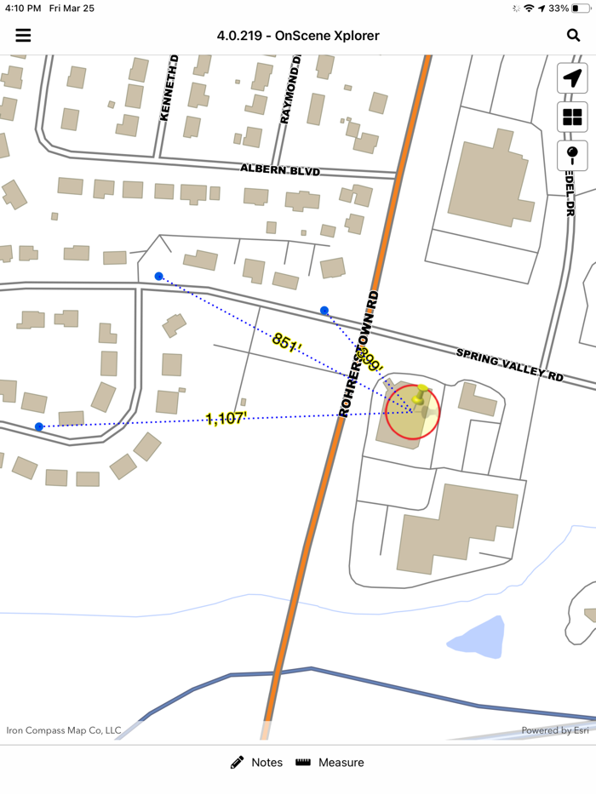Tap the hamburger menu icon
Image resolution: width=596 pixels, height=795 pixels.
pyautogui.click(x=23, y=35)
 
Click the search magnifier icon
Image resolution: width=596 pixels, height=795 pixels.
pyautogui.click(x=573, y=35)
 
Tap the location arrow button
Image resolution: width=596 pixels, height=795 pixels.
pyautogui.click(x=572, y=78)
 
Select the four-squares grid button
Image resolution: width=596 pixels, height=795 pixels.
pyautogui.click(x=572, y=117)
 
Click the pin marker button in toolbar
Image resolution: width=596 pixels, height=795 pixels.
pyautogui.click(x=572, y=155)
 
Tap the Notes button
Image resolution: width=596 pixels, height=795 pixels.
pyautogui.click(x=256, y=763)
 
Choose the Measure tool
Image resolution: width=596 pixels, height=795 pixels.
pyautogui.click(x=330, y=763)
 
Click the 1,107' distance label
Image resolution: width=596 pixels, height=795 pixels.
pyautogui.click(x=226, y=418)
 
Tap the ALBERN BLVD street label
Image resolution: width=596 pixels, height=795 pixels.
pyautogui.click(x=279, y=170)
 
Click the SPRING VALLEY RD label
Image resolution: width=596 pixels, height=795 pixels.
pyautogui.click(x=510, y=364)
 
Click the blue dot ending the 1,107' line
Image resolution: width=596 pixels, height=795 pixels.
pyautogui.click(x=39, y=426)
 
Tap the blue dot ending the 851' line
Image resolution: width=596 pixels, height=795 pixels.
pyautogui.click(x=158, y=276)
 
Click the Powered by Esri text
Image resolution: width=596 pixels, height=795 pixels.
pyautogui.click(x=555, y=730)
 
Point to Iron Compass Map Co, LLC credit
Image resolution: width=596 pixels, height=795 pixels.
pyautogui.click(x=64, y=730)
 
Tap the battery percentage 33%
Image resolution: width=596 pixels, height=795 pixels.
pyautogui.click(x=559, y=8)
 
